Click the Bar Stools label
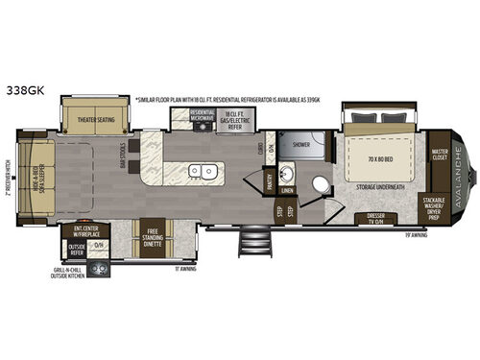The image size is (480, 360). tap(123, 158)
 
